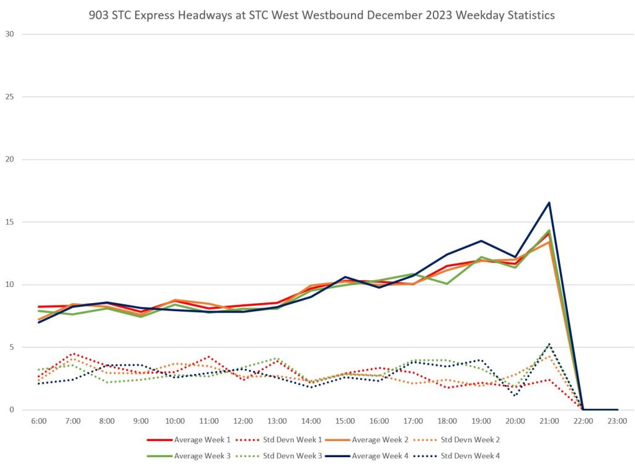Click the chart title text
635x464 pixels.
[x=317, y=15]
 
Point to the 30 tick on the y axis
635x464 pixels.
[x=9, y=34]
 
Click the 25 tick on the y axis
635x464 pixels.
[x=9, y=97]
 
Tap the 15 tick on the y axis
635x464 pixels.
[x=9, y=222]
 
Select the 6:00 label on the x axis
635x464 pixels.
[x=39, y=421]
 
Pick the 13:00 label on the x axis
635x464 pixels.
[x=277, y=421]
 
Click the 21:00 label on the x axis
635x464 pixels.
[x=549, y=421]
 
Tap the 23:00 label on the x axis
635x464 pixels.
[x=617, y=421]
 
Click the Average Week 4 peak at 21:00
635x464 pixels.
[x=549, y=202]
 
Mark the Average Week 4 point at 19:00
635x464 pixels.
[x=481, y=241]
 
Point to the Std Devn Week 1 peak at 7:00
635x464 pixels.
[x=73, y=353]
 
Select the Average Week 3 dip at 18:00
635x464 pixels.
[x=447, y=284]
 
